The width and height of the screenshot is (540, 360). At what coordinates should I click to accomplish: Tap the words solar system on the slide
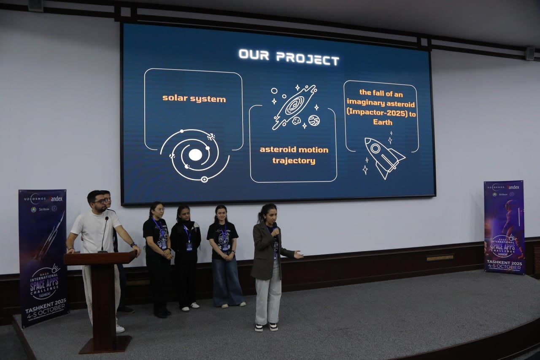tap(194, 99)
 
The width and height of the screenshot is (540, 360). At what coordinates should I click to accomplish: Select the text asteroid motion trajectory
tap(294, 155)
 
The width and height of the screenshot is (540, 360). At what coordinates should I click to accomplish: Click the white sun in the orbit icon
tap(195, 155)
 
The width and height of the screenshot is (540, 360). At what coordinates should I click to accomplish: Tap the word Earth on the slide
tap(382, 122)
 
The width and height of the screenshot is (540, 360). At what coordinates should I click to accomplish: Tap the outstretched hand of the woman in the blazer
tap(298, 254)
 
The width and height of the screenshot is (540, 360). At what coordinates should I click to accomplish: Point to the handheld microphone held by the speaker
tap(275, 230)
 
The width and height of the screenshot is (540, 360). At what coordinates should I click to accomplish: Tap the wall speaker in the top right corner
tap(530, 54)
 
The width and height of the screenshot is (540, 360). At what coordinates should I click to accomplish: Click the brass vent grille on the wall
tap(440, 257)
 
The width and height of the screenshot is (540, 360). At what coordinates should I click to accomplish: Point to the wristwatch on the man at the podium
tap(133, 244)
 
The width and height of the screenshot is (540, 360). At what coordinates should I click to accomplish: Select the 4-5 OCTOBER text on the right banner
tap(505, 267)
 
